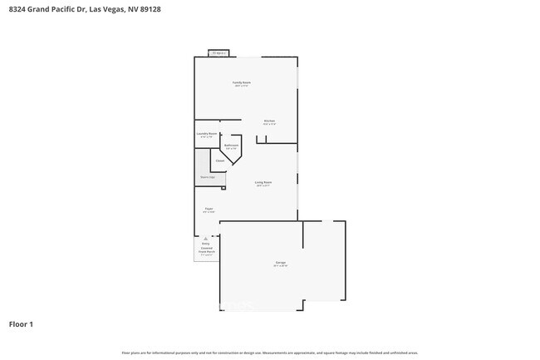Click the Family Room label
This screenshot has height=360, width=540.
pos(242,82)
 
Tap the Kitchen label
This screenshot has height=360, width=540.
pos(269,121)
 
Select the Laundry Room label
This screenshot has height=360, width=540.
pos(207,133)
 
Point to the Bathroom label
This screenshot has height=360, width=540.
pos(231,145)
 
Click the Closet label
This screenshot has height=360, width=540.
pos(220,160)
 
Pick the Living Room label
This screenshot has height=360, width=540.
pos(263,181)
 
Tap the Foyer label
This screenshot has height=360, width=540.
pos(209,208)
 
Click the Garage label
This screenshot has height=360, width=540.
pos(282,262)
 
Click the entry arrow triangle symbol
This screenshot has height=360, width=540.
pos(207,238)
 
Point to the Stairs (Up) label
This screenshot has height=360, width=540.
pos(207,177)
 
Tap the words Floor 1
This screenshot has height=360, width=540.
pos(21,323)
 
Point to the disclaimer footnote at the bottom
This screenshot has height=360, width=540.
pos(269,353)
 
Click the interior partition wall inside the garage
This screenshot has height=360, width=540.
pos(303,234)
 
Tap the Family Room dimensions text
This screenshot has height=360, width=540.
pos(242,86)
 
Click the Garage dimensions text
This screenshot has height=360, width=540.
pos(282,266)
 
